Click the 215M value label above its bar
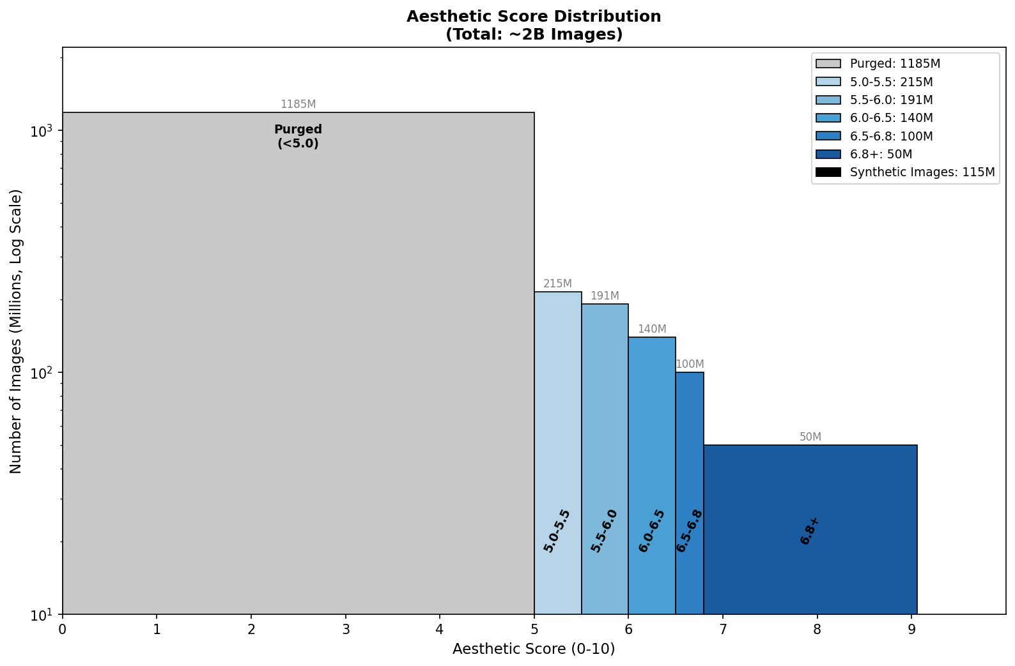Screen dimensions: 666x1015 [x=557, y=284]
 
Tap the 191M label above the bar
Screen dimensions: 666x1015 [x=605, y=296]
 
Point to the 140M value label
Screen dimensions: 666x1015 [x=652, y=329]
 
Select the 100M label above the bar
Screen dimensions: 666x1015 [x=690, y=364]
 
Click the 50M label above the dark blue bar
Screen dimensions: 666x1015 [x=810, y=437]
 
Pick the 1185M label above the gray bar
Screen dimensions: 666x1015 [x=298, y=104]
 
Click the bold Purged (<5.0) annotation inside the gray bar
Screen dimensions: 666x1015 [x=298, y=136]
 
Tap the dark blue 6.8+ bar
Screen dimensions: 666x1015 [x=810, y=498]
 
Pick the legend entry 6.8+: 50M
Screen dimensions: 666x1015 [x=881, y=154]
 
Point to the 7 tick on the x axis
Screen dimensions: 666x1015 [x=723, y=629]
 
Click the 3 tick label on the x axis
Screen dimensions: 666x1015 [x=346, y=629]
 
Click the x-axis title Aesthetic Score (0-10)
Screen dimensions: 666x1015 [x=534, y=649]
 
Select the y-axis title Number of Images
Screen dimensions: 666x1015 [x=16, y=331]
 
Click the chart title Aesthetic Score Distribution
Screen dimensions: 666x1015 [x=534, y=17]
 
